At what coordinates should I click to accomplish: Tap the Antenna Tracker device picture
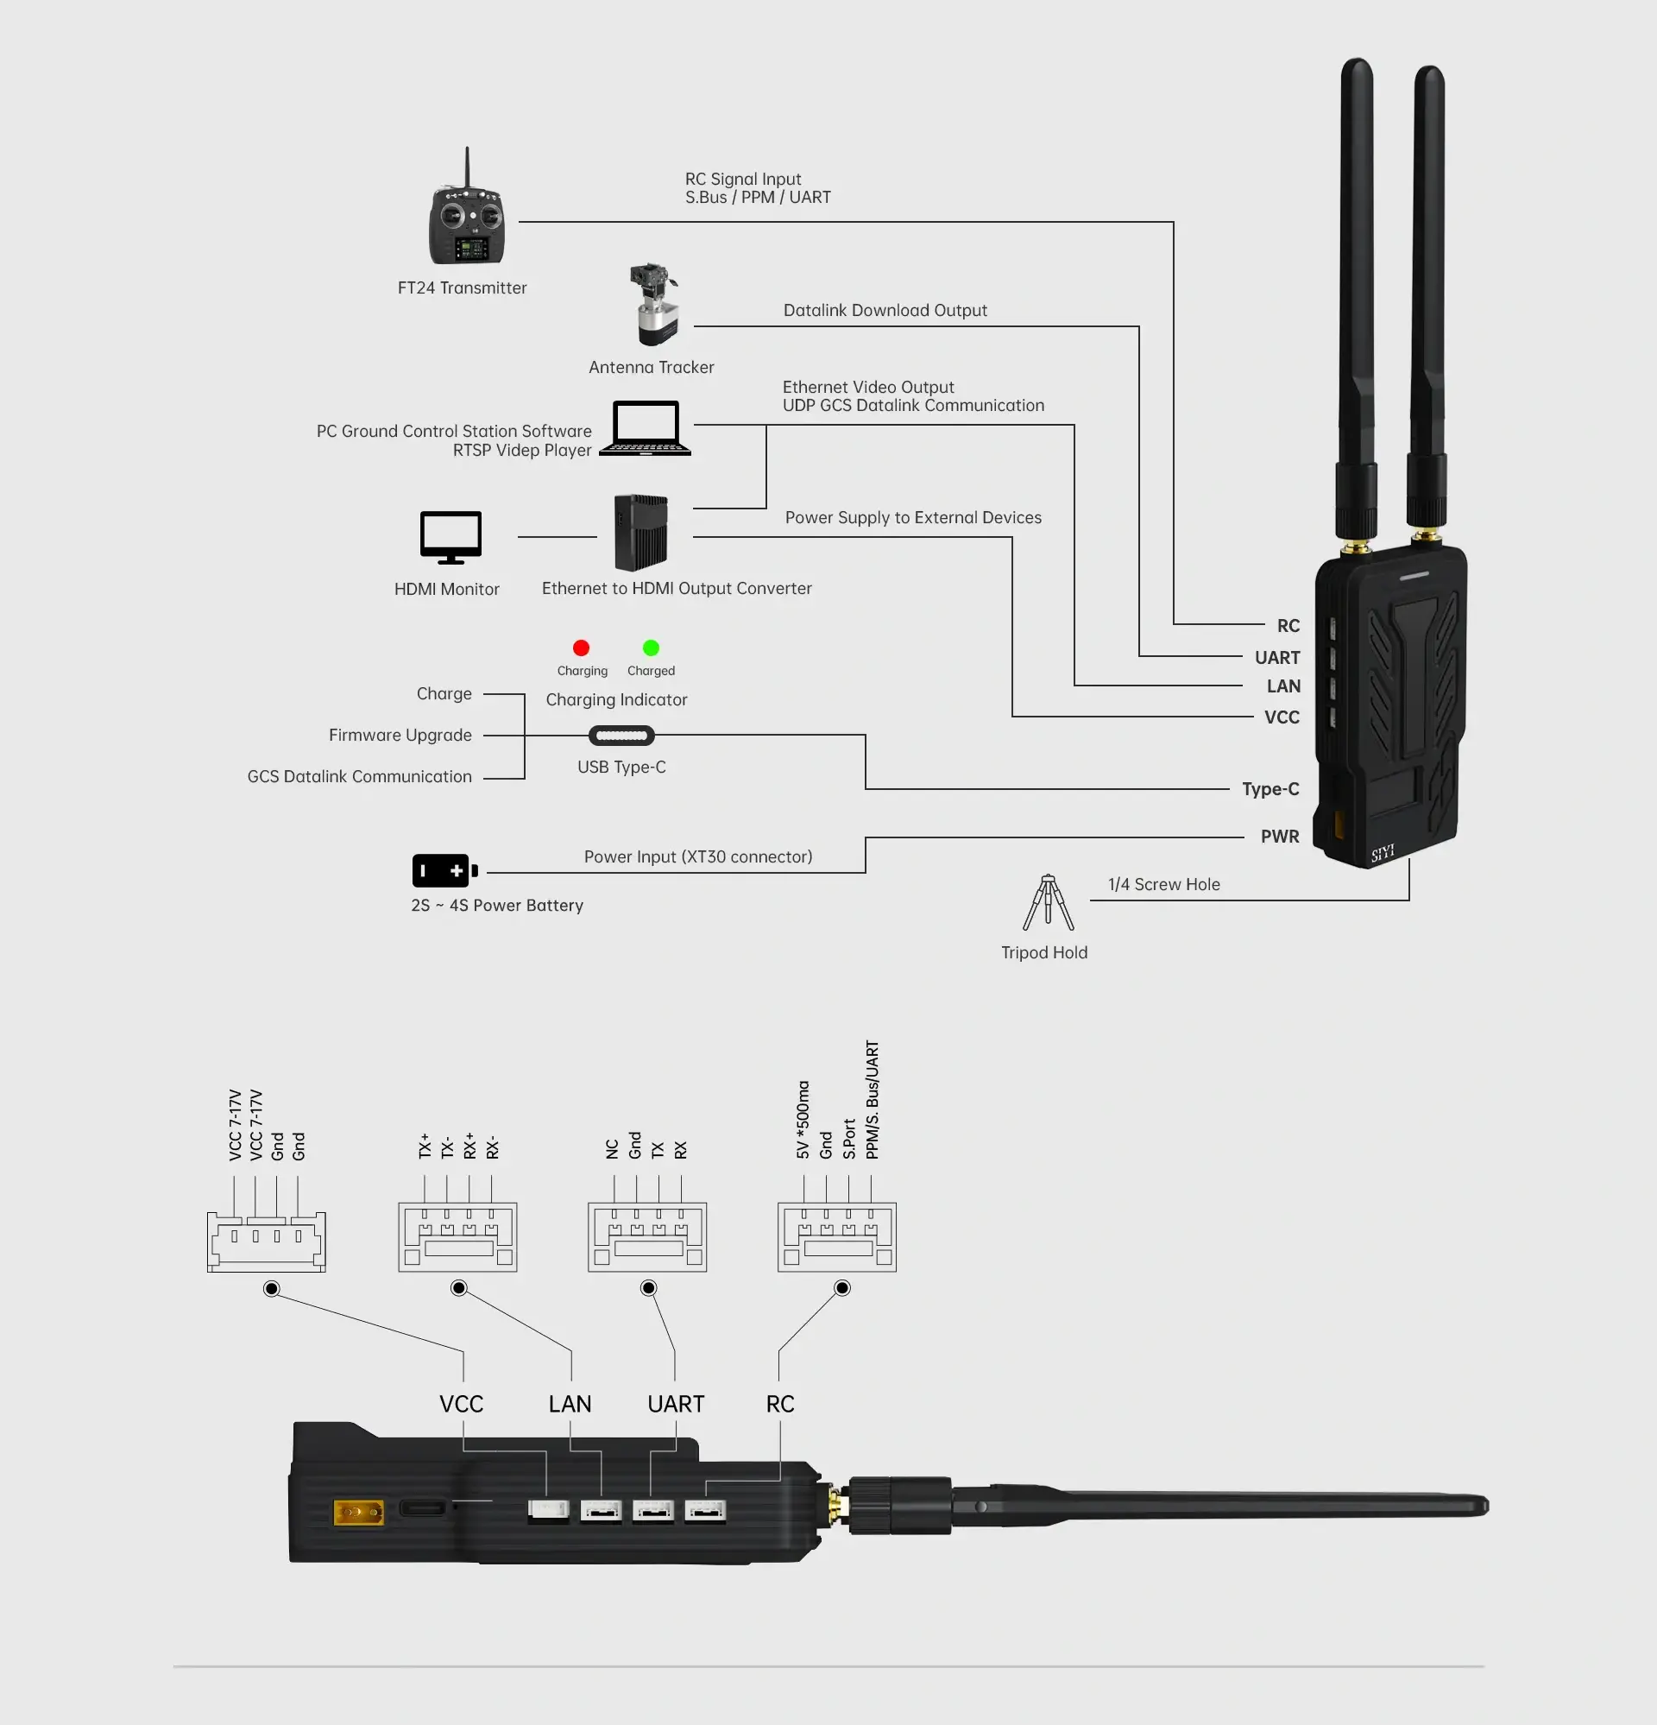[x=654, y=305]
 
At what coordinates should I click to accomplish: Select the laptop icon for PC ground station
[x=645, y=428]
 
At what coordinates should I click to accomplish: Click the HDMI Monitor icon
[x=450, y=536]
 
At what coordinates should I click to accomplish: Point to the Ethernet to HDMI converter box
[x=640, y=533]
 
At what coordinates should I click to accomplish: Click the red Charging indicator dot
[x=581, y=648]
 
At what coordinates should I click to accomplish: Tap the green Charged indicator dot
[x=651, y=648]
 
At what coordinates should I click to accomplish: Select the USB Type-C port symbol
[x=621, y=735]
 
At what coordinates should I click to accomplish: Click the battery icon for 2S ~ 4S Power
[x=444, y=870]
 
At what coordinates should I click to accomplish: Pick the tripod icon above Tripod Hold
[x=1047, y=902]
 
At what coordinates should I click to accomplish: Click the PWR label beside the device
[x=1279, y=836]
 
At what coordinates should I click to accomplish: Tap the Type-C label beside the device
[x=1270, y=789]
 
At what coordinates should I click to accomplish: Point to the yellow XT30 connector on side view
[x=358, y=1513]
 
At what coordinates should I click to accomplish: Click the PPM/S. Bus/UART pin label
[x=872, y=1100]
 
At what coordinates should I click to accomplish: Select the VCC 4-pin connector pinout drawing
[x=266, y=1241]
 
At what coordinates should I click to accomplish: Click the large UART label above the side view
[x=675, y=1404]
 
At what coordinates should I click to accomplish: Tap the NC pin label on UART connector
[x=613, y=1148]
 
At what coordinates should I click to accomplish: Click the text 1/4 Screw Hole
[x=1163, y=884]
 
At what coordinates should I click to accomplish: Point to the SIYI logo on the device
[x=1383, y=852]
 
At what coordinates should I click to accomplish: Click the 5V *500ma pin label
[x=803, y=1120]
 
